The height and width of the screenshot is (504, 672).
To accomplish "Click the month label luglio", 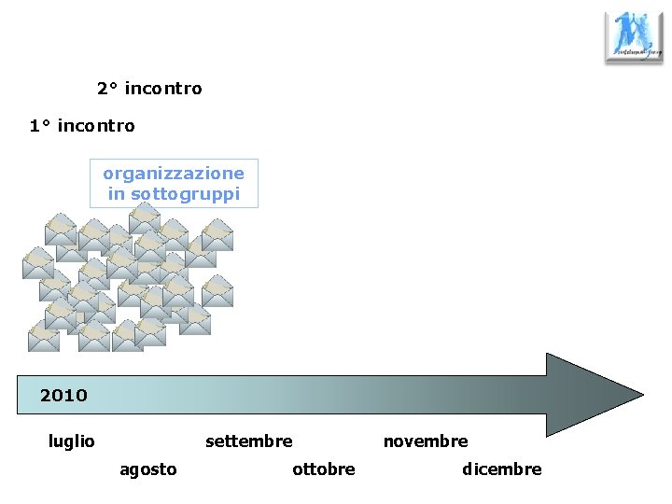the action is (71, 441).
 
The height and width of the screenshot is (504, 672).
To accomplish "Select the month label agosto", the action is (147, 469).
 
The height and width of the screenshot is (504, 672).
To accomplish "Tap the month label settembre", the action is (248, 441).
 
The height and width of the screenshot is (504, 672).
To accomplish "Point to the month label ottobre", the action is (323, 469).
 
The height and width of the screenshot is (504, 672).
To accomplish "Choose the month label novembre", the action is (426, 441).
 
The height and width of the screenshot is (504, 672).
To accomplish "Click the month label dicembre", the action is (501, 469).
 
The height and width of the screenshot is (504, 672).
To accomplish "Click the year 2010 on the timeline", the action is (63, 396).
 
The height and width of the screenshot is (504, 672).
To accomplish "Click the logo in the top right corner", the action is (634, 37).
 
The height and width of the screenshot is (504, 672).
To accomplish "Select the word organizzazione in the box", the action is (174, 174).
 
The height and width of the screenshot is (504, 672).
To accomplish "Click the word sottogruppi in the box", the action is (185, 194).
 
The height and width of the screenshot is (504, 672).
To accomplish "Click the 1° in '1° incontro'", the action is (40, 125).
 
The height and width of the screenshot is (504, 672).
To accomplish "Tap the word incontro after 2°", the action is (162, 89).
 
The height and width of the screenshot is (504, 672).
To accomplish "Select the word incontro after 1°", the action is (95, 125).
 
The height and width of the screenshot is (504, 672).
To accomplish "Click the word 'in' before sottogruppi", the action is (116, 194).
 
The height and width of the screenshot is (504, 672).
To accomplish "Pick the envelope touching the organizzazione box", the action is (144, 217).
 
